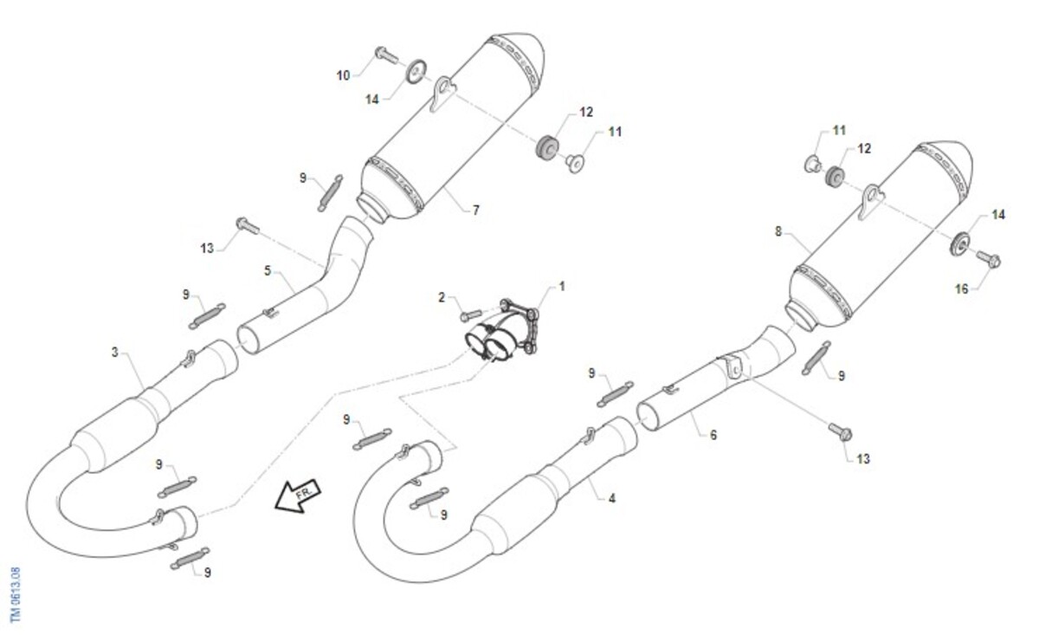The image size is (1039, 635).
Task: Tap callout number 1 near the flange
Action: (x=562, y=287)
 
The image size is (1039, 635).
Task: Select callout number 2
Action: (x=442, y=297)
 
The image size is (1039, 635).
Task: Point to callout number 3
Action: (x=115, y=353)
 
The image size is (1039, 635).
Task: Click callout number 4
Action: (x=612, y=498)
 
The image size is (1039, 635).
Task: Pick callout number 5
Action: (x=268, y=270)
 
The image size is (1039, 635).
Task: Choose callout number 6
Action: (x=713, y=435)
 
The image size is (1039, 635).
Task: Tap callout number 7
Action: (x=476, y=211)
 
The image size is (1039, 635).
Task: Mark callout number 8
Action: (x=778, y=231)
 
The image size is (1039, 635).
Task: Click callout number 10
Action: (x=343, y=75)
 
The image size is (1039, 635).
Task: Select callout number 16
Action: (x=962, y=289)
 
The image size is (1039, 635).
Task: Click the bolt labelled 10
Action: (x=386, y=55)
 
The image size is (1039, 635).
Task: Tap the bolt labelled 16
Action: (x=989, y=258)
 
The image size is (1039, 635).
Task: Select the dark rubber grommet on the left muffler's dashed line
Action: (x=546, y=146)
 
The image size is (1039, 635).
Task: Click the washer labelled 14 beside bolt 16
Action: (x=959, y=243)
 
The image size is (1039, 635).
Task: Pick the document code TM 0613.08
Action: (x=16, y=594)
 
